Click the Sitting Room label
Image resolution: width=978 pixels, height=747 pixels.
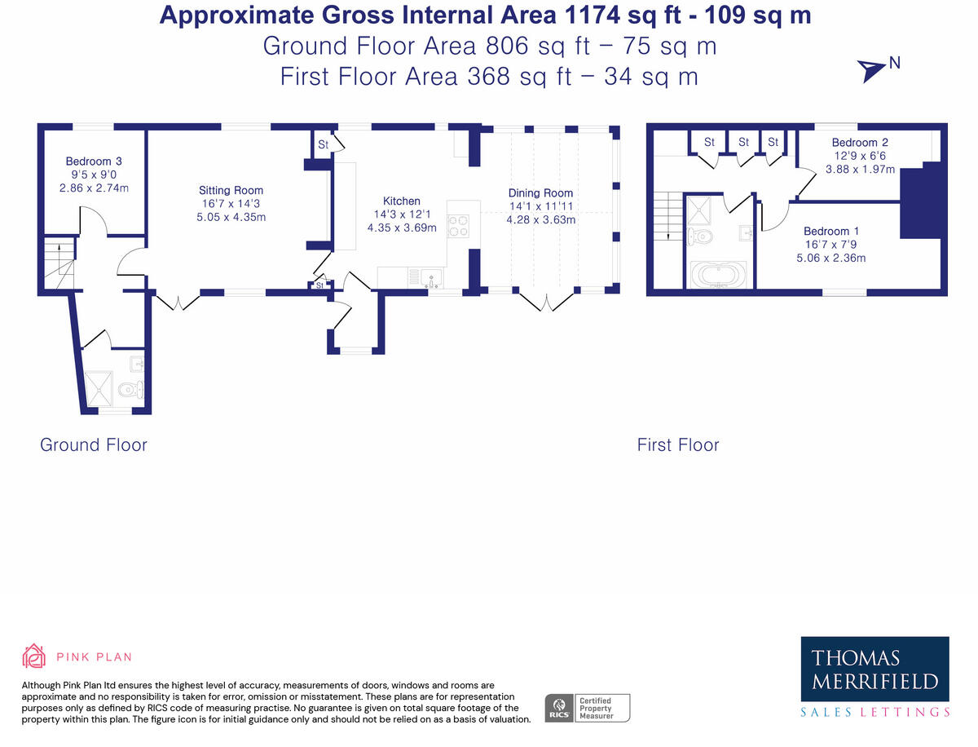pos(219,191)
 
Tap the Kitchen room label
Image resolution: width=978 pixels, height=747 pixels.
pos(402,201)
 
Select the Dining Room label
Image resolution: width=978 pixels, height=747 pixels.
pos(541,193)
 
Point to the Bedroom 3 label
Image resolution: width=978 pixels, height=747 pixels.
pos(94,161)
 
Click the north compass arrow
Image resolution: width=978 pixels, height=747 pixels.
pos(872,71)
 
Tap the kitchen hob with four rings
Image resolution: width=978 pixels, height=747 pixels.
pos(458,224)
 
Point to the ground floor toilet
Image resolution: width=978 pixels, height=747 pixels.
pos(130,390)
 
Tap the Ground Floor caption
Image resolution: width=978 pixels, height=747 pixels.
pos(94,444)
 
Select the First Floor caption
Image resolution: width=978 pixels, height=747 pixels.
pos(678,444)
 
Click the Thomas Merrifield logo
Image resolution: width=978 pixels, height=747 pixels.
pos(874,670)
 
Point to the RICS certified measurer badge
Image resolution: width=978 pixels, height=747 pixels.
pos(587,707)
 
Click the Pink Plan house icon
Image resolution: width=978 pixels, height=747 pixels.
pos(33,656)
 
